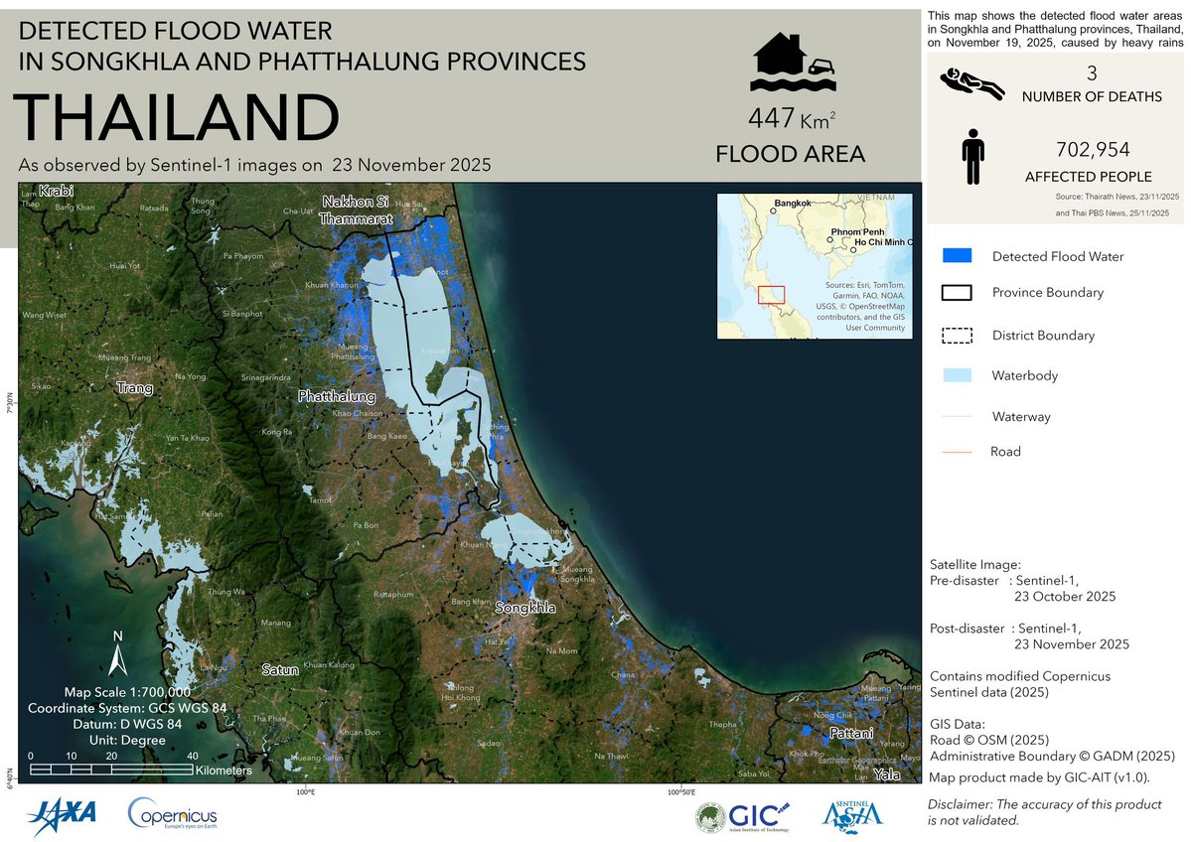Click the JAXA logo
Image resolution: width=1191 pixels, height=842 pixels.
click(x=62, y=814)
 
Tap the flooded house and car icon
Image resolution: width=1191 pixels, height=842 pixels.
click(x=792, y=60)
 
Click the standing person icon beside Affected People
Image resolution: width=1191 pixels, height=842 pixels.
click(x=973, y=161)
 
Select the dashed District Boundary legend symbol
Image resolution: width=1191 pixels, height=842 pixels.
click(x=956, y=335)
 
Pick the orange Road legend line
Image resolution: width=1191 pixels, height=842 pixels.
click(x=956, y=452)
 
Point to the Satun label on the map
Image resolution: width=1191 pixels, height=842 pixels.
click(x=279, y=670)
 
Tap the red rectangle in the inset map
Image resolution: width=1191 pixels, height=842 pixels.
click(x=771, y=295)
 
